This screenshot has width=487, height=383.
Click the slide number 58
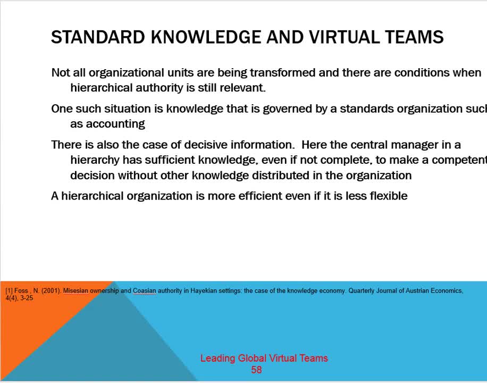tap(256, 370)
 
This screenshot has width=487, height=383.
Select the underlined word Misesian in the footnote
tap(75, 291)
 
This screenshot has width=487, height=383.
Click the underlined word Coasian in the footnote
tap(144, 291)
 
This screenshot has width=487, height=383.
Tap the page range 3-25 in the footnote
tap(27, 298)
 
